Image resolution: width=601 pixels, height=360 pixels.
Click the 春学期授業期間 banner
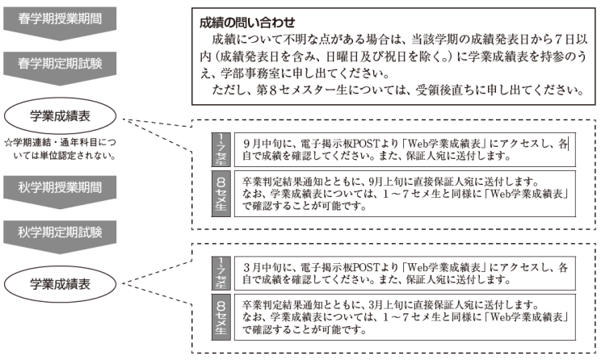[x=60, y=23]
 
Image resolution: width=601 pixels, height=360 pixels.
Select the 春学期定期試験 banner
[x=60, y=68]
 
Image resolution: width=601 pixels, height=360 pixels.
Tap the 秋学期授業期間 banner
[x=60, y=191]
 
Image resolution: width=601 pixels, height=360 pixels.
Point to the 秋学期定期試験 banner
[x=60, y=237]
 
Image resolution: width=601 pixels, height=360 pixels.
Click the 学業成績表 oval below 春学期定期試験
[x=60, y=116]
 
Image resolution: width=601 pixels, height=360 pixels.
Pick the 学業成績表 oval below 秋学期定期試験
[x=60, y=284]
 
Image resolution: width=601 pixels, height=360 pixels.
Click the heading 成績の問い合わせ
[x=247, y=23]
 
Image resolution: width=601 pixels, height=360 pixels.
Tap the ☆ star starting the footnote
[x=8, y=143]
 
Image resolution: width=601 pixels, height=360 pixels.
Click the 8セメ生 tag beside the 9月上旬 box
[x=221, y=194]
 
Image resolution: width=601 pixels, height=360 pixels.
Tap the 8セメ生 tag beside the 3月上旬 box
[x=221, y=317]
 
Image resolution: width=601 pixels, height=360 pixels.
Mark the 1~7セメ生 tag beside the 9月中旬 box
[x=221, y=150]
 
